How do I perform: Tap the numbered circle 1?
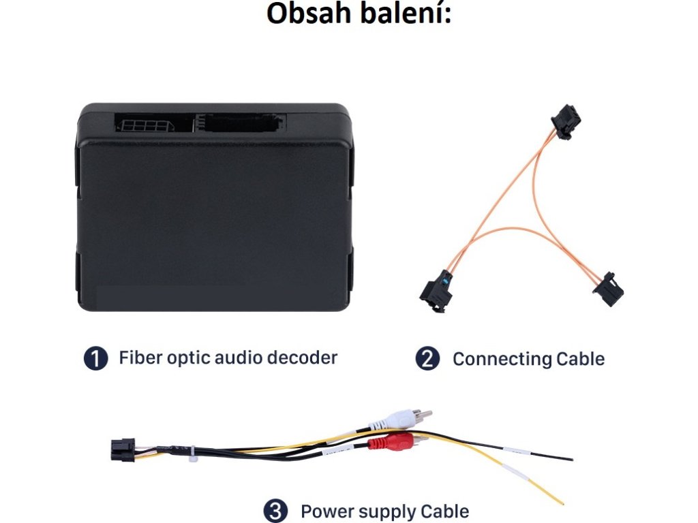[x=96, y=358]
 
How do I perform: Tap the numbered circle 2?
[x=427, y=358]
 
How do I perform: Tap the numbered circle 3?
[x=276, y=511]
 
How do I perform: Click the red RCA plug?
[x=393, y=443]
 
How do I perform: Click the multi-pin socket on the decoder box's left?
[x=145, y=125]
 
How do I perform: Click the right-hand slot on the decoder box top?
[x=240, y=123]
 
